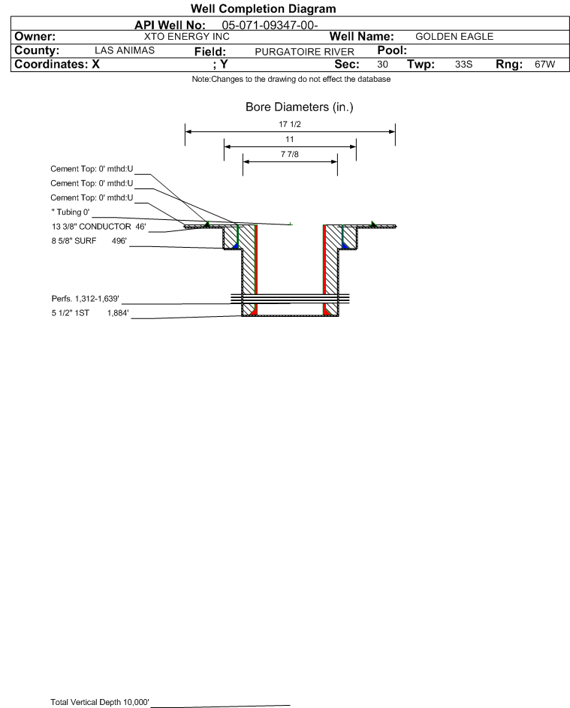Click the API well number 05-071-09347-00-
(270, 26)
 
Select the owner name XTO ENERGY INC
(186, 37)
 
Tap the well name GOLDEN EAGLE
(454, 37)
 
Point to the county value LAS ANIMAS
(125, 50)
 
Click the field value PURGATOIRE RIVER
(304, 52)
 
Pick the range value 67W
(544, 64)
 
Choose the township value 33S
(463, 64)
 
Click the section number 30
(382, 64)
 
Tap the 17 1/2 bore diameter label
(290, 124)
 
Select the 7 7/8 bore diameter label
(290, 155)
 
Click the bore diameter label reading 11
(290, 140)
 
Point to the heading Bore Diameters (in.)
(300, 107)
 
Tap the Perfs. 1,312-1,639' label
(86, 299)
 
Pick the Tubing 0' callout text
(71, 212)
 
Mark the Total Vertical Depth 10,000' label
(100, 702)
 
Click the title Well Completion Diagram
(264, 8)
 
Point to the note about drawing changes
(291, 79)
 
